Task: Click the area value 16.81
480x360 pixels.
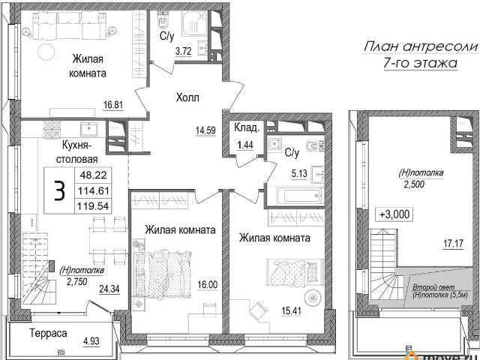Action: tap(113, 105)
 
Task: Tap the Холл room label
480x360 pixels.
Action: tap(187, 98)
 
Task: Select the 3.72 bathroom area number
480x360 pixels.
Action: tap(183, 51)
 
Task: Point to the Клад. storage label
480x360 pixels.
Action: tap(246, 128)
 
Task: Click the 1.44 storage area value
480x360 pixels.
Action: tap(245, 145)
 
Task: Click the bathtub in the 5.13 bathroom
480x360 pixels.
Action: tap(300, 195)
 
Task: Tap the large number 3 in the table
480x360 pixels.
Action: tap(59, 190)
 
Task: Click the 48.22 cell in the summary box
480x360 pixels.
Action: tap(93, 175)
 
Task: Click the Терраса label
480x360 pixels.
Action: tap(48, 333)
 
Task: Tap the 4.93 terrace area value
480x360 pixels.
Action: tap(91, 340)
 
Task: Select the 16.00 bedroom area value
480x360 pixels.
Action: tap(207, 285)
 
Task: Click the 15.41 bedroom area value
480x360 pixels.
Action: tap(292, 311)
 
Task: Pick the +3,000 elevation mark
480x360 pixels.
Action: tap(394, 214)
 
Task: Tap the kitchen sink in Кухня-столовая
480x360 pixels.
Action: tap(88, 129)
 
